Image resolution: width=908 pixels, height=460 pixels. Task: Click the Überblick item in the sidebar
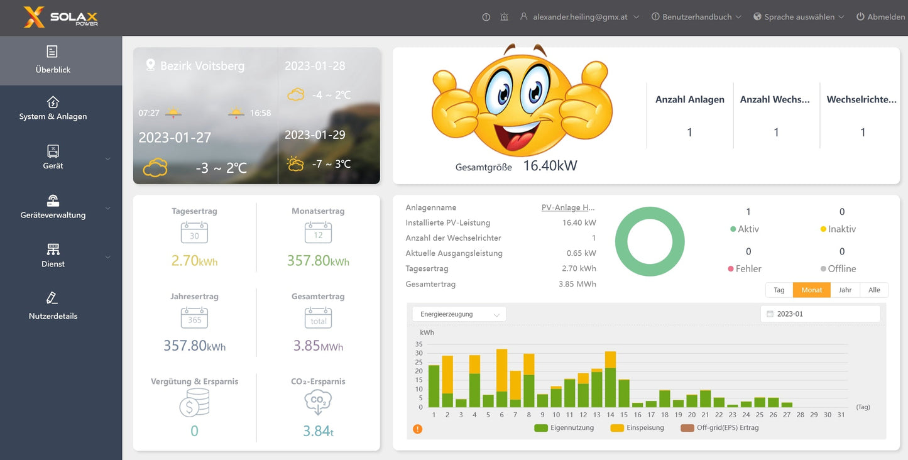pyautogui.click(x=53, y=60)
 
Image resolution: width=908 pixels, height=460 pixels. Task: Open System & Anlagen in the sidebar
pyautogui.click(x=53, y=108)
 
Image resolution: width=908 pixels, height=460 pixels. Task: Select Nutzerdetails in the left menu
pyautogui.click(x=53, y=306)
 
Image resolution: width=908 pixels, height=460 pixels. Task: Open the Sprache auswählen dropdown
pyautogui.click(x=799, y=17)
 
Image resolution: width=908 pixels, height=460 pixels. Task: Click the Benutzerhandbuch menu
pyautogui.click(x=697, y=17)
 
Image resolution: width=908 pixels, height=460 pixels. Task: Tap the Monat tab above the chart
pyautogui.click(x=812, y=290)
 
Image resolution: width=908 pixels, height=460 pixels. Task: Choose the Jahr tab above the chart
pyautogui.click(x=845, y=290)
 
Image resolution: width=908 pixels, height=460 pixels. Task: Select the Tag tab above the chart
pyautogui.click(x=779, y=290)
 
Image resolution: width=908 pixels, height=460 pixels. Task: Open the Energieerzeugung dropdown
pyautogui.click(x=459, y=314)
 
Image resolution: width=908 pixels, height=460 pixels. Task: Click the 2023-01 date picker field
pyautogui.click(x=820, y=314)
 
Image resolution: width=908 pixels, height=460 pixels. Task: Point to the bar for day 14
pyautogui.click(x=610, y=383)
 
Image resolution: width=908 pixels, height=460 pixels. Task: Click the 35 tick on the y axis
pyautogui.click(x=419, y=344)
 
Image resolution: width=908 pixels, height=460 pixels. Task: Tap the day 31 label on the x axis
pyautogui.click(x=841, y=415)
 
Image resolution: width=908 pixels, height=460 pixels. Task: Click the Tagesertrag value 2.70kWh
pyautogui.click(x=194, y=260)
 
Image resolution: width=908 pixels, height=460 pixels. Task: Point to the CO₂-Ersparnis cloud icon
pyautogui.click(x=318, y=402)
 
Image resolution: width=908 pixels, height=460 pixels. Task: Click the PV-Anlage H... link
pyautogui.click(x=568, y=207)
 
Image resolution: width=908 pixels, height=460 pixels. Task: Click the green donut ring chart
pyautogui.click(x=650, y=241)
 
